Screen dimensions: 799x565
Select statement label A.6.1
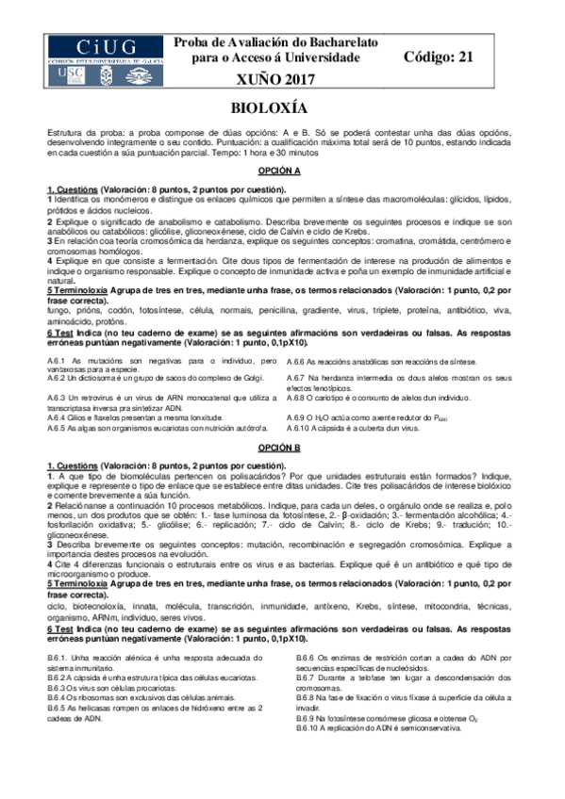57,362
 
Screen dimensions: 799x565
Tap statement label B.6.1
57,656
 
